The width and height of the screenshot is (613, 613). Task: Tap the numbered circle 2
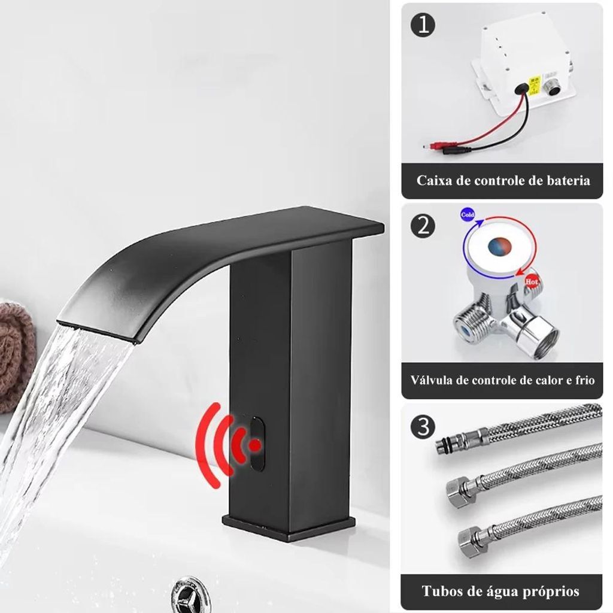coord(424,226)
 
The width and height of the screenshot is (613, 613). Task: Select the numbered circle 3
coord(424,426)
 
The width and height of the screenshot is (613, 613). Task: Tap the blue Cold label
coord(468,215)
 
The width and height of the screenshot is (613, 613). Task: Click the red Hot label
coord(532,281)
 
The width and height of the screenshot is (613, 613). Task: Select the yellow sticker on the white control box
coord(534,85)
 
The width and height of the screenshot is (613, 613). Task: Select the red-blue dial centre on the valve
coord(500,246)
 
